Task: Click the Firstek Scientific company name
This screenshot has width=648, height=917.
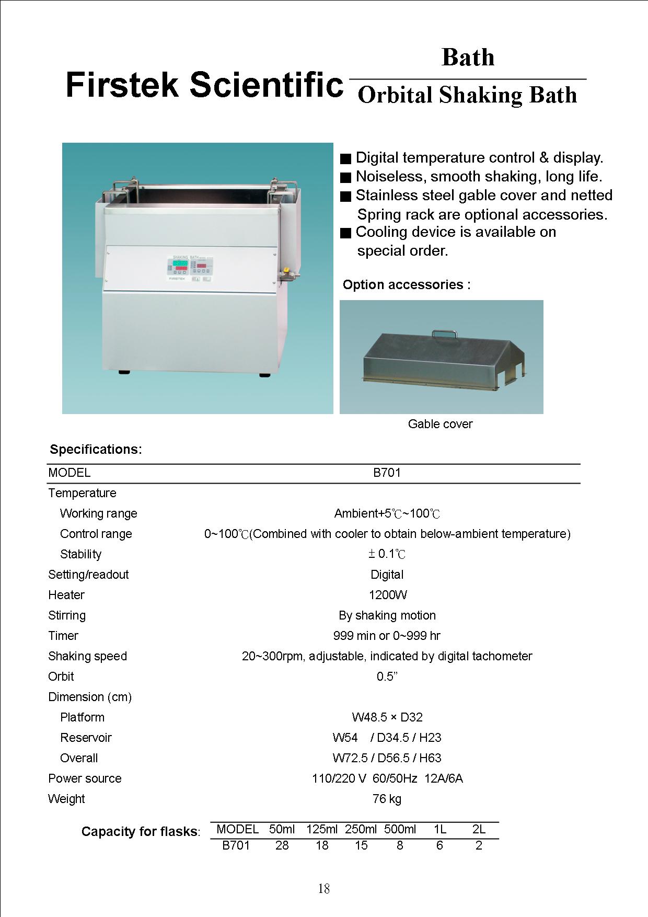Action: [204, 85]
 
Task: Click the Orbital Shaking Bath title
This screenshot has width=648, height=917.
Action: [467, 96]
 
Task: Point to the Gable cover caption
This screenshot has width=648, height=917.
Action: [440, 424]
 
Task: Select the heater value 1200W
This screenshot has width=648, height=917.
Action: [387, 595]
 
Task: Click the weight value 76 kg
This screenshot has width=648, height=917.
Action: [387, 799]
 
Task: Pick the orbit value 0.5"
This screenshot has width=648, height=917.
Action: [387, 677]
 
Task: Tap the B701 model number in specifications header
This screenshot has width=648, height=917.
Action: [387, 473]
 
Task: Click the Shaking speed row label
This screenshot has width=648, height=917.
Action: [87, 656]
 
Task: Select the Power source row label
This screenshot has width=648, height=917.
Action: [85, 778]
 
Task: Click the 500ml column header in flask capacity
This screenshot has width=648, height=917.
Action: [400, 829]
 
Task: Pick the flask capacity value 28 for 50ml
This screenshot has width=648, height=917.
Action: [282, 845]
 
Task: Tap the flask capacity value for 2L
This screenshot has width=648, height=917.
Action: [479, 845]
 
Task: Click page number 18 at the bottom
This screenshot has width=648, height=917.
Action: [323, 889]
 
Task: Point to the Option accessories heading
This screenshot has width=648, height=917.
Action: [407, 285]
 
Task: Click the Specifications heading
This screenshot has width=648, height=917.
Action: [96, 450]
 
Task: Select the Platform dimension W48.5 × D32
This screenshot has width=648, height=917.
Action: [387, 717]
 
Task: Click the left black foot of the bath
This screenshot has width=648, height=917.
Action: [124, 373]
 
